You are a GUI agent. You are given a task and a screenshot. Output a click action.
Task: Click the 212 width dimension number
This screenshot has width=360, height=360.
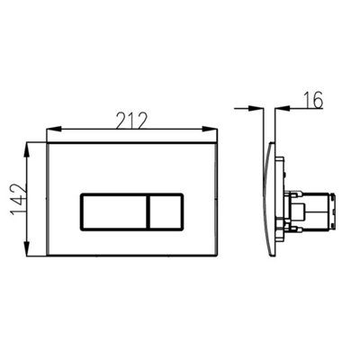coord(132,121)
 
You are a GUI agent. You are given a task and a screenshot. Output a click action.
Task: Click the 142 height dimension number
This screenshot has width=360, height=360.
coord(19,200)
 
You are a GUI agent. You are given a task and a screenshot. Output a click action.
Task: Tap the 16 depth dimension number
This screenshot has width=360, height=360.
coord(313,100)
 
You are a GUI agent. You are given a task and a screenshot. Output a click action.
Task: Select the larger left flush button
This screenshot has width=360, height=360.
coord(113,212)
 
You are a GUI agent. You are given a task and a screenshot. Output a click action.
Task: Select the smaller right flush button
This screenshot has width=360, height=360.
coord(166,212)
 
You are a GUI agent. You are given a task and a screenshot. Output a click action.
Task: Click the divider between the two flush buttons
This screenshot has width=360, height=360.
coord(148,212)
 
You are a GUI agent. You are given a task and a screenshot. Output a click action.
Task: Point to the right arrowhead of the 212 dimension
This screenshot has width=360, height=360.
coord(210,130)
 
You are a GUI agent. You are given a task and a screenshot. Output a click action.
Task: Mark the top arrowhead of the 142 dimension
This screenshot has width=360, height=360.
coord(27,150)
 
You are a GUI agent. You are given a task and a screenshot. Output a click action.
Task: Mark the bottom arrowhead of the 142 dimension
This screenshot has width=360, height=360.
coord(27,248)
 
